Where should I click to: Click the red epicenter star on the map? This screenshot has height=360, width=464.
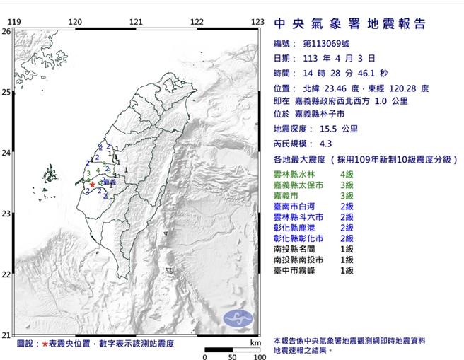click(92, 185)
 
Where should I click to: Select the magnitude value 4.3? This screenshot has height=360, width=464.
click(326, 144)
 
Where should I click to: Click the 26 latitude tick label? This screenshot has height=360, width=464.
click(6, 32)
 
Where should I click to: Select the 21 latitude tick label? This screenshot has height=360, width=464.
click(6, 335)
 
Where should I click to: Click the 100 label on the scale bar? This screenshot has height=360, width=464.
click(259, 357)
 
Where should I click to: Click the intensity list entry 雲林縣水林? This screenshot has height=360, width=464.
click(294, 174)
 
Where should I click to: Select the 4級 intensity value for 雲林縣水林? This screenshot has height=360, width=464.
click(347, 174)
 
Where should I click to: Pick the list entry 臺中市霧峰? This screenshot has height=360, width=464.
click(294, 270)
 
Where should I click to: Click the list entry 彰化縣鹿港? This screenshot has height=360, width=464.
click(294, 228)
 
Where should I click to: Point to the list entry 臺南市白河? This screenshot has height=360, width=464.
click(294, 206)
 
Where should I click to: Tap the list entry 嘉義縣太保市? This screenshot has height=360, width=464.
click(298, 185)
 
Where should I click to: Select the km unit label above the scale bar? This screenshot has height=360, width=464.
click(255, 342)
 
